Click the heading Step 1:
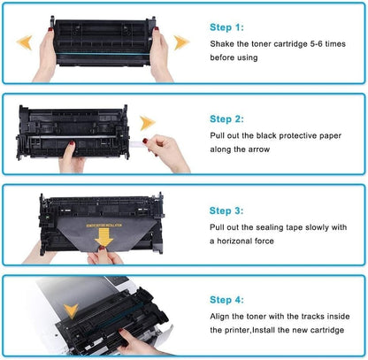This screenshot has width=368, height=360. (x=228, y=27)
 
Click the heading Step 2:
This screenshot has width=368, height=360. (x=228, y=118)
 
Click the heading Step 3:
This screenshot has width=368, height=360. (x=228, y=211)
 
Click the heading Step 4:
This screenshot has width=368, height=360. (x=228, y=300)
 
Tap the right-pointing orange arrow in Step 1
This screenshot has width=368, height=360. (x=181, y=41)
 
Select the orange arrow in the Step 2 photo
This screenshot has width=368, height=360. (x=148, y=123)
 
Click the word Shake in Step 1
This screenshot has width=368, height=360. (x=223, y=43)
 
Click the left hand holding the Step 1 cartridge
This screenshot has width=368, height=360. (x=47, y=53)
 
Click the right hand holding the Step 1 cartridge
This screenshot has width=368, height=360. (x=160, y=53)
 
